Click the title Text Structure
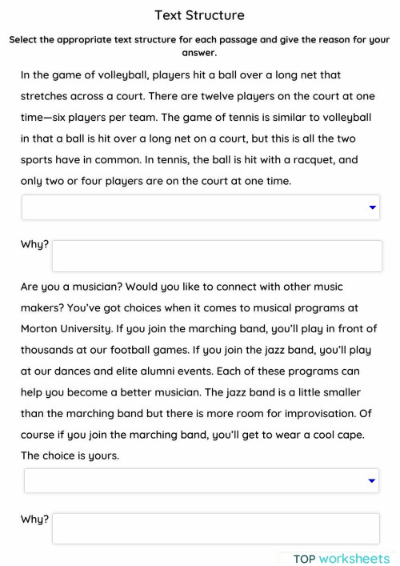[x=199, y=15]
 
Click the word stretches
[x=46, y=96]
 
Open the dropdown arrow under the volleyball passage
[x=372, y=207]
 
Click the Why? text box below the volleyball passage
[x=217, y=256]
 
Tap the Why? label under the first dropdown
[x=34, y=245]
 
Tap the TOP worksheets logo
[x=341, y=559]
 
